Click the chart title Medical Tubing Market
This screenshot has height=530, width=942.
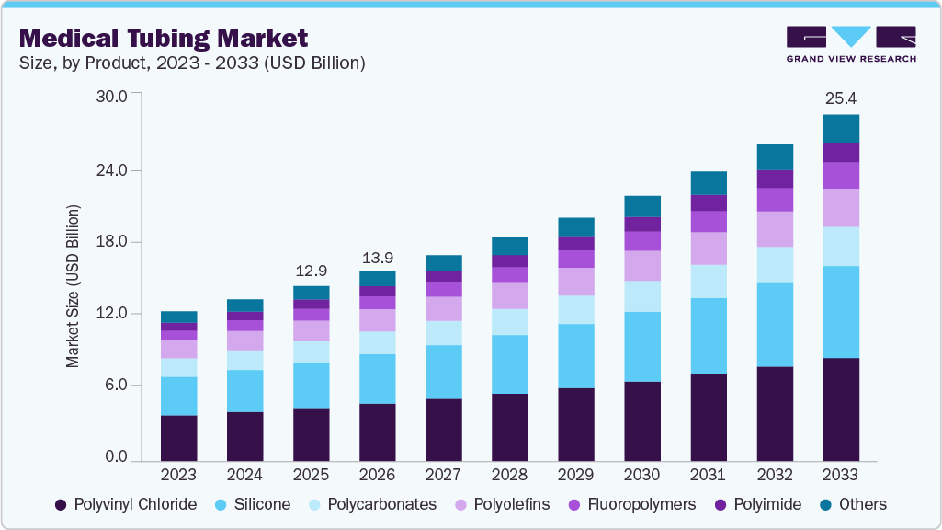(164, 38)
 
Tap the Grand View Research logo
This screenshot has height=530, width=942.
(850, 44)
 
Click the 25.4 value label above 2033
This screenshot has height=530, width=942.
(841, 98)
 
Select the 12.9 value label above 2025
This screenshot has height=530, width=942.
(311, 271)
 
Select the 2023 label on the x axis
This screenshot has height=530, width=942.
(178, 475)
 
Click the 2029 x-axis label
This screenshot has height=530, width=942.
(575, 475)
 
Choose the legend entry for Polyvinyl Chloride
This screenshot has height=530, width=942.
(126, 504)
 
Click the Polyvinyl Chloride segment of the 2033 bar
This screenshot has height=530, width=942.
(841, 409)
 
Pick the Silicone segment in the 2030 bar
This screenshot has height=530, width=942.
(642, 347)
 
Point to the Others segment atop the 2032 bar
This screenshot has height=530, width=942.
(775, 157)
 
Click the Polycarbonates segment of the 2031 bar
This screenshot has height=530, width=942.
(709, 282)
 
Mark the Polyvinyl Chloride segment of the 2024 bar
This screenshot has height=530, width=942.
(244, 436)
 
